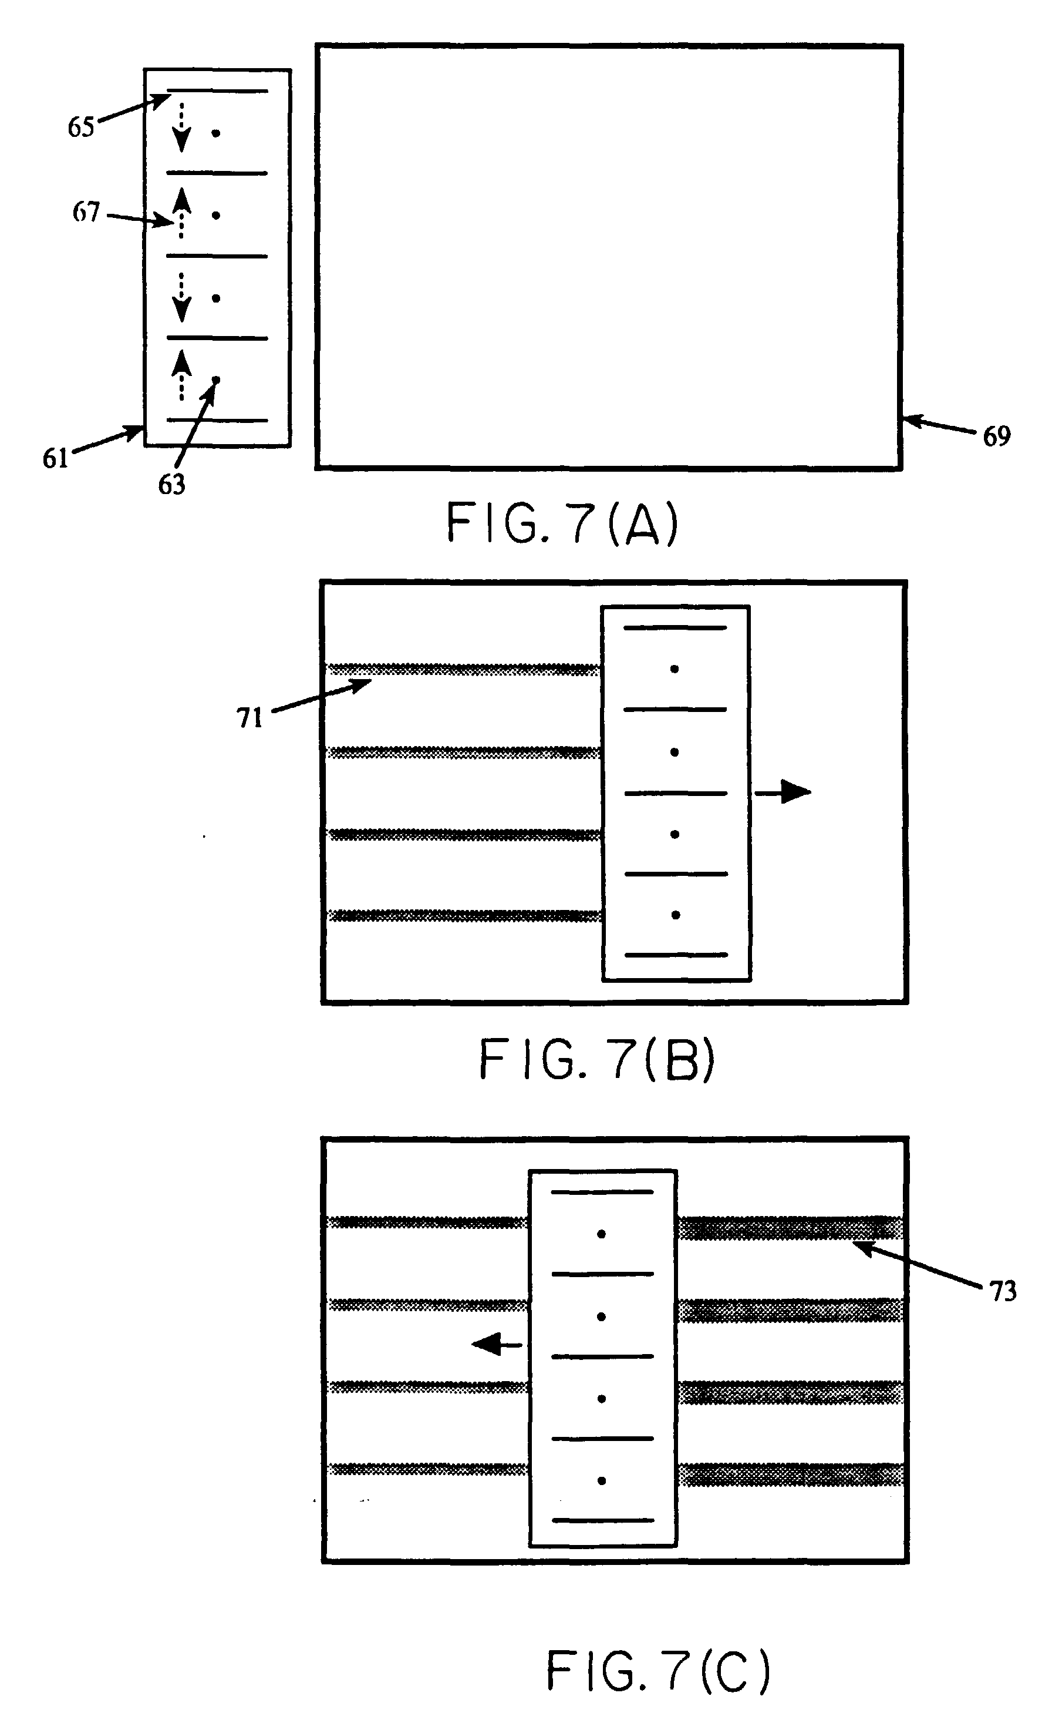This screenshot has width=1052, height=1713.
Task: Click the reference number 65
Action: [80, 127]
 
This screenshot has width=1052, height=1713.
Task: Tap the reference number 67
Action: [86, 211]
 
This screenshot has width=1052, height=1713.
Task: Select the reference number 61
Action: [56, 458]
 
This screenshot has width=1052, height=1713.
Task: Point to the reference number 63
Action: [171, 485]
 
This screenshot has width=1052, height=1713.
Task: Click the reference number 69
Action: [996, 436]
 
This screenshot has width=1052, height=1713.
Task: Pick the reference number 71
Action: [249, 718]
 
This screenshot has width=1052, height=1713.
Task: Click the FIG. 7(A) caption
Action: [562, 523]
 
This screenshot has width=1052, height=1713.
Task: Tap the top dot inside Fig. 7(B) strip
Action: [674, 669]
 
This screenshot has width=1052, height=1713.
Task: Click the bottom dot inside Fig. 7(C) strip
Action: [601, 1480]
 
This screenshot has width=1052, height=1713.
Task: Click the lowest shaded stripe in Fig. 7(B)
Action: [464, 915]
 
